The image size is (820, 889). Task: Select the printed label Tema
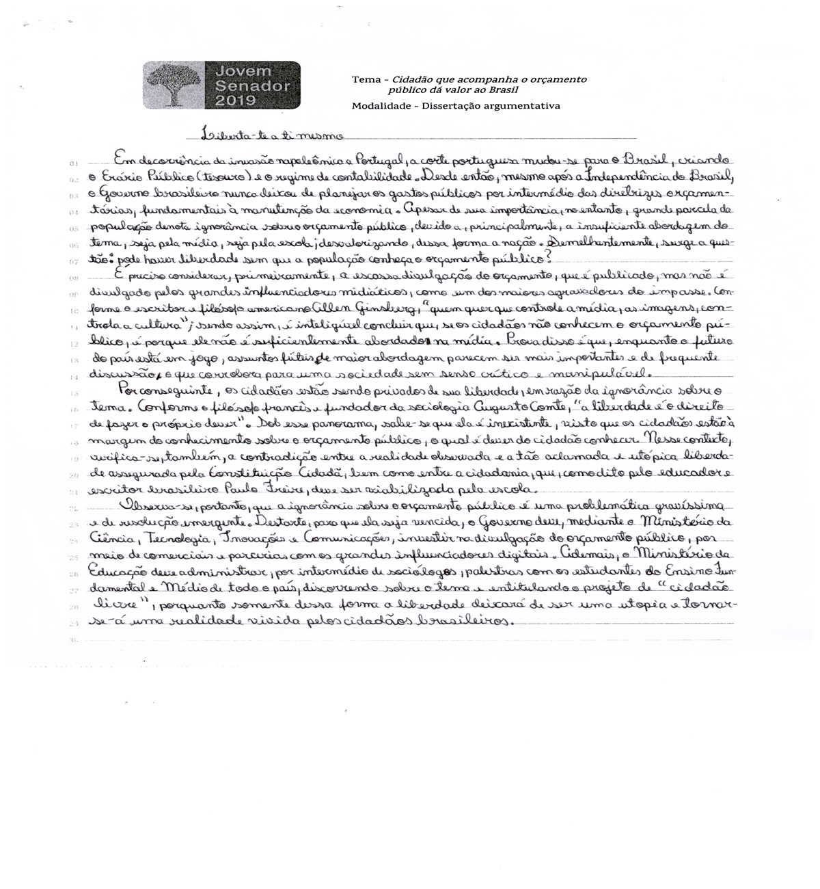click(366, 80)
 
